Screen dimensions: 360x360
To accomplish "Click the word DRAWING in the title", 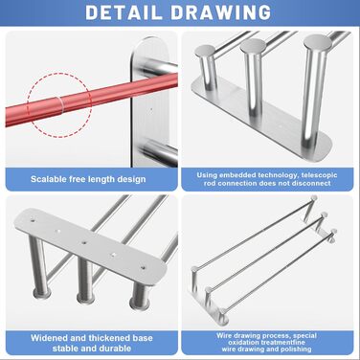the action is click(x=221, y=12).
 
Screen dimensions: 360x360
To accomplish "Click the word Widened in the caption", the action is click(x=49, y=338).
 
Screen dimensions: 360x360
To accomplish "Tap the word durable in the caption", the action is click(x=114, y=348).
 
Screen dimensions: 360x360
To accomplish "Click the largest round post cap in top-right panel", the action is click(x=317, y=42).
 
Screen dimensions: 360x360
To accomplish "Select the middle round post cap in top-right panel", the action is click(x=253, y=46).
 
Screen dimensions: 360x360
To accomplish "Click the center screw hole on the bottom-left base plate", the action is click(x=83, y=242).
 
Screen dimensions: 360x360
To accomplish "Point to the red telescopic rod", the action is click(x=91, y=100).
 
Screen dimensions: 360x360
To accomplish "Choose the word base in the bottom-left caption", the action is click(x=143, y=338).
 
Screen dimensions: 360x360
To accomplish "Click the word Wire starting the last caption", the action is click(x=222, y=336).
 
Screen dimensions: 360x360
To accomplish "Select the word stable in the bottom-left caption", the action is click(x=64, y=348).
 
